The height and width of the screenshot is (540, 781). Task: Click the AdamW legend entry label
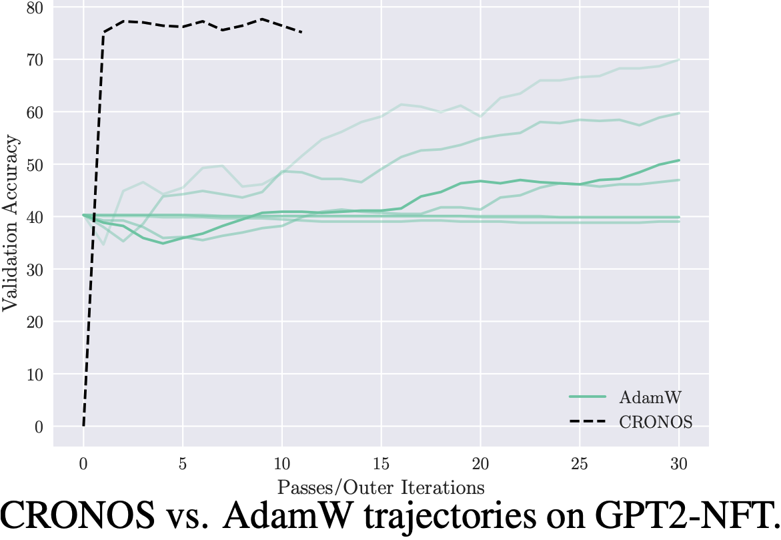(x=650, y=397)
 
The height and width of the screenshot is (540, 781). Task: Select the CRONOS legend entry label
(x=656, y=423)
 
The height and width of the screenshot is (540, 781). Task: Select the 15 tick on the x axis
(x=381, y=462)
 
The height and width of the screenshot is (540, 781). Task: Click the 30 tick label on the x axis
(x=678, y=462)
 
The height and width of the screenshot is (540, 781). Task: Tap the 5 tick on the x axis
(x=183, y=462)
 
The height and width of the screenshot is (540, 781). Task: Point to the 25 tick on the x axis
(x=580, y=462)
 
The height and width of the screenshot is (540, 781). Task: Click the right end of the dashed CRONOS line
(x=301, y=32)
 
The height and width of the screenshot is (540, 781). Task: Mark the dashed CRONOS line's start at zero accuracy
(x=83, y=426)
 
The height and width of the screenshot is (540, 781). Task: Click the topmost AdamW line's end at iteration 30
(x=679, y=60)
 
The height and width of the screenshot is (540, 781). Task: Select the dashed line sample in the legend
(x=587, y=423)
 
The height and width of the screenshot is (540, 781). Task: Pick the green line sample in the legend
(x=587, y=397)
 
